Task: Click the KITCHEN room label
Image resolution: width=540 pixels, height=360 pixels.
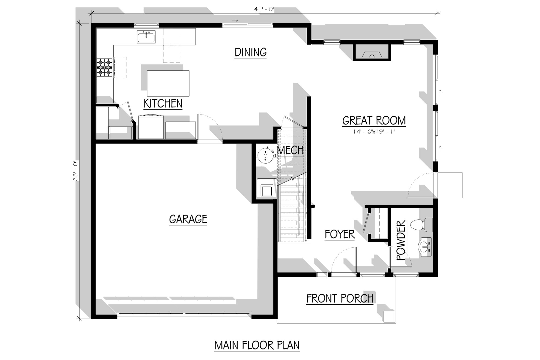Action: pyautogui.click(x=163, y=104)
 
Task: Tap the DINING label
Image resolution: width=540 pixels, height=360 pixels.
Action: pyautogui.click(x=251, y=52)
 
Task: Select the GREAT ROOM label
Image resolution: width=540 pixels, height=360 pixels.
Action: pyautogui.click(x=374, y=121)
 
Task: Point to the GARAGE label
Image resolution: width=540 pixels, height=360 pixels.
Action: pyautogui.click(x=188, y=219)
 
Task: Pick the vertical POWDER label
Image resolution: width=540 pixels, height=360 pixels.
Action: pyautogui.click(x=401, y=240)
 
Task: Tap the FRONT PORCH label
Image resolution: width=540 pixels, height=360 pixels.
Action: pyautogui.click(x=340, y=299)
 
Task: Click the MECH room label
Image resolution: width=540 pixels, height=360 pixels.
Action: pyautogui.click(x=290, y=150)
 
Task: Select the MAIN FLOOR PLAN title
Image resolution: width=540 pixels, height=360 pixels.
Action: pyautogui.click(x=257, y=345)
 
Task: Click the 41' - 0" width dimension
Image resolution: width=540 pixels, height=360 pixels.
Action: pyautogui.click(x=264, y=9)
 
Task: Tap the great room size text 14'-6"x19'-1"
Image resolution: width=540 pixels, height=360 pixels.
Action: pyautogui.click(x=374, y=132)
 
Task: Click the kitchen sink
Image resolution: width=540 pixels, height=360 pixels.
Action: pyautogui.click(x=146, y=37)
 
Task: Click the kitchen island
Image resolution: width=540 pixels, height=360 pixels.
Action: pyautogui.click(x=168, y=83)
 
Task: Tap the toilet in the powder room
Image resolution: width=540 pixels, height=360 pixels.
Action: pyautogui.click(x=421, y=225)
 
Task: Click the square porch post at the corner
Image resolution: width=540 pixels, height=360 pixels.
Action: pyautogui.click(x=390, y=316)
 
